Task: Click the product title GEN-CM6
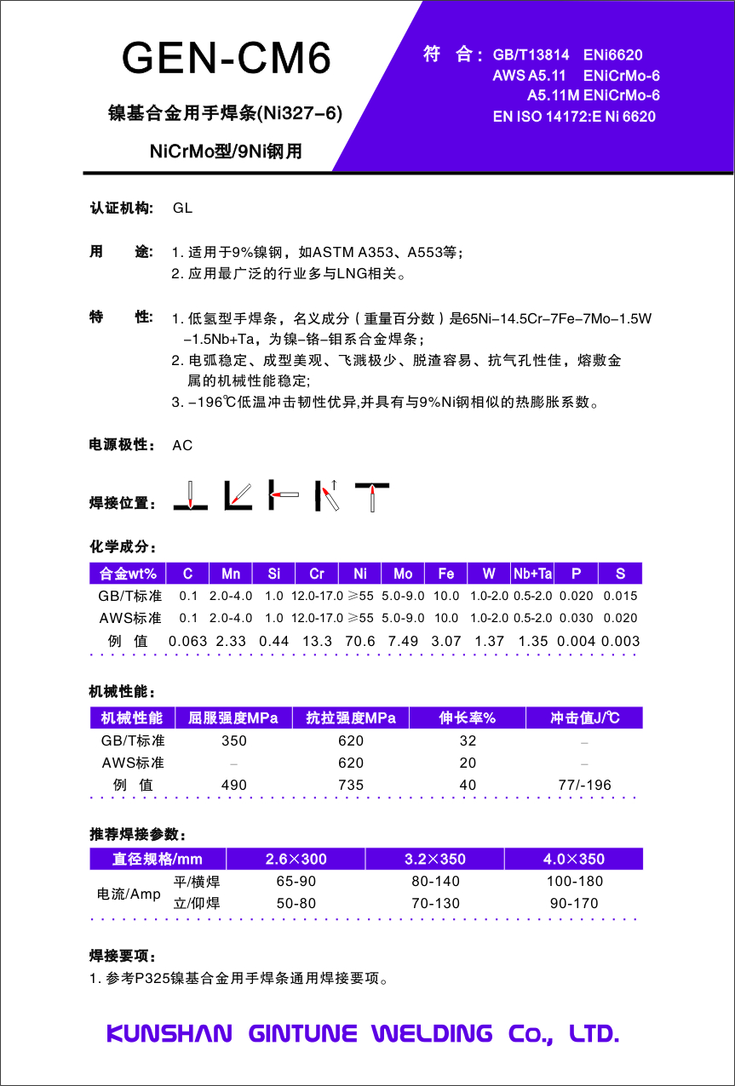pyautogui.click(x=227, y=59)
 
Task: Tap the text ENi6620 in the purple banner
pyautogui.click(x=612, y=54)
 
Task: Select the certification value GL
pyautogui.click(x=182, y=209)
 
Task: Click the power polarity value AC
pyautogui.click(x=182, y=445)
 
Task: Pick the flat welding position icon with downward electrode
pyautogui.click(x=191, y=495)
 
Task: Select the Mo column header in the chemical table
pyautogui.click(x=403, y=574)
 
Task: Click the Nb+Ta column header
pyautogui.click(x=532, y=574)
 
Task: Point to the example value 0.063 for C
pyautogui.click(x=188, y=641)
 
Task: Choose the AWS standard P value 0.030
pyautogui.click(x=576, y=618)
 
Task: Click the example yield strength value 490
pyautogui.click(x=234, y=785)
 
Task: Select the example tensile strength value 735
pyautogui.click(x=351, y=785)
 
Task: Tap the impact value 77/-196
pyautogui.click(x=584, y=785)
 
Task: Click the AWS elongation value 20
pyautogui.click(x=468, y=763)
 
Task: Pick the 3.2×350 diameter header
pyautogui.click(x=434, y=859)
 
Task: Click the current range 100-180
pyautogui.click(x=575, y=882)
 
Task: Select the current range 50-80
pyautogui.click(x=296, y=904)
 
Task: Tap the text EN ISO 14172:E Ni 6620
pyautogui.click(x=574, y=117)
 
